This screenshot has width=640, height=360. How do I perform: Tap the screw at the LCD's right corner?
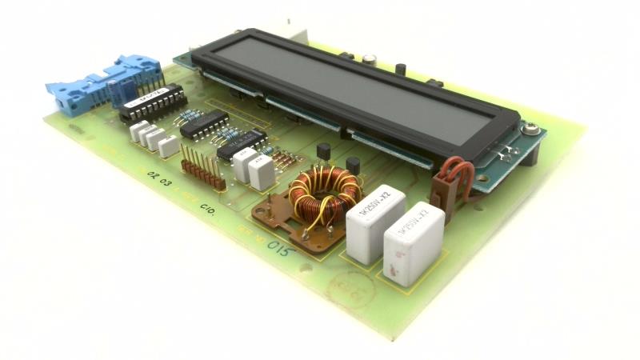pos(529,128)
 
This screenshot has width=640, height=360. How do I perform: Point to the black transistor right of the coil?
pos(352,168)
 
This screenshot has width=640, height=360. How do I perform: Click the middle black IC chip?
pos(203,123)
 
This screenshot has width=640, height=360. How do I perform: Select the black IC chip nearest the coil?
pos(240,142)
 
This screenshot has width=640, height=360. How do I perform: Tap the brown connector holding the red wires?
pos(442,196)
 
